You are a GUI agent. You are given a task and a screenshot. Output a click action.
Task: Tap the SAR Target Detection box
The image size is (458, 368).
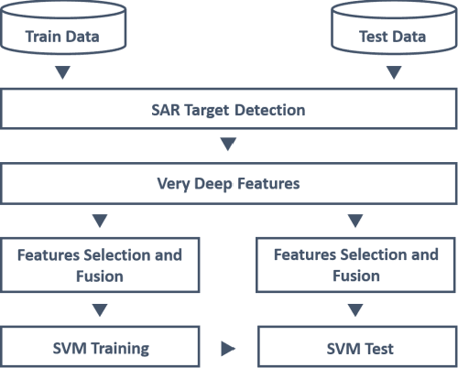tap(228, 110)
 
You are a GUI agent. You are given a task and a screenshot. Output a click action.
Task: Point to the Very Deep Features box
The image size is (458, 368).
tap(228, 185)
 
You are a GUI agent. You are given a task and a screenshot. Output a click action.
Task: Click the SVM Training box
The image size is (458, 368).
tap(101, 348)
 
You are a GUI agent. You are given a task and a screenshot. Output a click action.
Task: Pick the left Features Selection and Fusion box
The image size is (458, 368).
tap(101, 265)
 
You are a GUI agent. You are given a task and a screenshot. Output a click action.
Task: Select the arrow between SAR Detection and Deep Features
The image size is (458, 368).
tap(228, 144)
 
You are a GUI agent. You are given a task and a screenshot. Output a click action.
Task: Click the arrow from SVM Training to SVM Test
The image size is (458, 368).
tap(228, 349)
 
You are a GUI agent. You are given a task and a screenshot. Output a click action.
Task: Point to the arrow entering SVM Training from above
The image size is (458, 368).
tap(101, 309)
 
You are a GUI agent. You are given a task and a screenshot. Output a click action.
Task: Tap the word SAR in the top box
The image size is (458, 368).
tap(165, 110)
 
